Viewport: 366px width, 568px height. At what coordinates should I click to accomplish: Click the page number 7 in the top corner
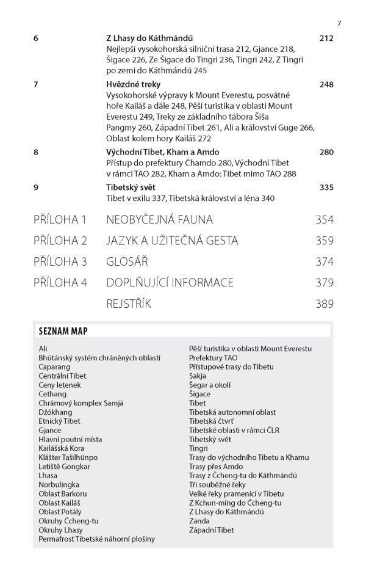click(339, 24)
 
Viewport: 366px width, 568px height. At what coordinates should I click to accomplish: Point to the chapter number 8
click(36, 151)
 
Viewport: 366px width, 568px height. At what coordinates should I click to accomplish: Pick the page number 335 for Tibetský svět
click(326, 187)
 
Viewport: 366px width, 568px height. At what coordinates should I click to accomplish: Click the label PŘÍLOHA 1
click(61, 219)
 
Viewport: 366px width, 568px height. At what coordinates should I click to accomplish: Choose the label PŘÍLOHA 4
click(61, 282)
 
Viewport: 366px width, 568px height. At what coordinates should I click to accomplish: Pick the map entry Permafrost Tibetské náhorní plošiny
click(96, 539)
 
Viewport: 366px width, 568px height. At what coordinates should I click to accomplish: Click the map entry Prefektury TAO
click(213, 357)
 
